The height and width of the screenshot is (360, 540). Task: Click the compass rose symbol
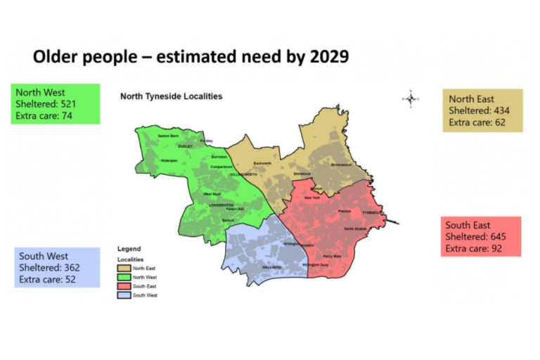point(411,98)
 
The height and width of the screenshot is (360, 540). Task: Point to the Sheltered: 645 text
point(475,237)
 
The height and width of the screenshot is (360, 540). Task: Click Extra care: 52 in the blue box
point(48,279)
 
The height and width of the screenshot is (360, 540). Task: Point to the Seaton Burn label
point(168,135)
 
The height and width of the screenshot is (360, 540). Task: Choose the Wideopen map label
point(169,161)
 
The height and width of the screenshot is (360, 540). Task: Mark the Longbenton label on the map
point(221,205)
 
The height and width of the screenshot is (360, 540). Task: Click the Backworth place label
point(262,163)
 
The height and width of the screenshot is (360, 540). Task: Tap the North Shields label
point(355,229)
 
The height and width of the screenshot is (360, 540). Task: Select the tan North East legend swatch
point(124,268)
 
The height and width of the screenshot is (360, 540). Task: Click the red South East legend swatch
point(124,286)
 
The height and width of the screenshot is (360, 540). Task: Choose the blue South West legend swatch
point(124,295)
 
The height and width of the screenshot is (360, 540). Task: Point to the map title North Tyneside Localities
point(171,96)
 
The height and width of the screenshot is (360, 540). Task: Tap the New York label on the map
point(311,198)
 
